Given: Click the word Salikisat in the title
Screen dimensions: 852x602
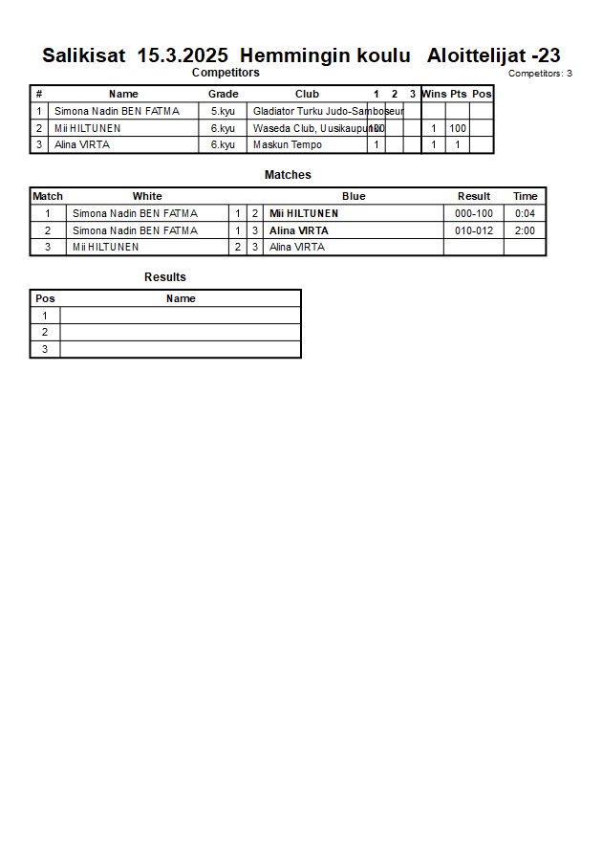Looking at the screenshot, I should (83, 55).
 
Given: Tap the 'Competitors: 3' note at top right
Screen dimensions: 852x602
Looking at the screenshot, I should (540, 74).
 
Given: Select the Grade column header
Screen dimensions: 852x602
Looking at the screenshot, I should (223, 94).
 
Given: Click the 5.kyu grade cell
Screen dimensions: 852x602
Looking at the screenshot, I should (223, 111).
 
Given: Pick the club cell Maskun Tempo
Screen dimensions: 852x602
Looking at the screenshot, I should (287, 145).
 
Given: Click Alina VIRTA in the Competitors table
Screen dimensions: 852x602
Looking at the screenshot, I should (82, 145).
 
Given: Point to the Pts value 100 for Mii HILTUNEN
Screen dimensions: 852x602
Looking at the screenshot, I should (458, 128).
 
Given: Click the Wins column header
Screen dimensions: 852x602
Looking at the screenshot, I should (434, 94).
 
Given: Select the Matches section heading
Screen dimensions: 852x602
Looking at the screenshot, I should (288, 175).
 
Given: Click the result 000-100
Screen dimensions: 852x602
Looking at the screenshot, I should (474, 213).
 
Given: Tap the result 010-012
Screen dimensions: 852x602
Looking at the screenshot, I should (474, 230).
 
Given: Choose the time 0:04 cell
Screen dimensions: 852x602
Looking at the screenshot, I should (525, 213).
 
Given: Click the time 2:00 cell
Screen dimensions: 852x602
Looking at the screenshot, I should (525, 230).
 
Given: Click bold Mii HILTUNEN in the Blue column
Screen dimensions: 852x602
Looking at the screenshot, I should (304, 213).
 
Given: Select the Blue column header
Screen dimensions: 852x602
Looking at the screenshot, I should (354, 196).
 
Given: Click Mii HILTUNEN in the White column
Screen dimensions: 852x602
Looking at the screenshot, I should (105, 247).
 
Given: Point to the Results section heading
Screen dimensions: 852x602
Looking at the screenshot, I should (165, 277).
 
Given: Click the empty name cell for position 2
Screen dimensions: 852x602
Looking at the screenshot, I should (180, 332).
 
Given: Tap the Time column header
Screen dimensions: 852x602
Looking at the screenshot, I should (526, 196).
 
